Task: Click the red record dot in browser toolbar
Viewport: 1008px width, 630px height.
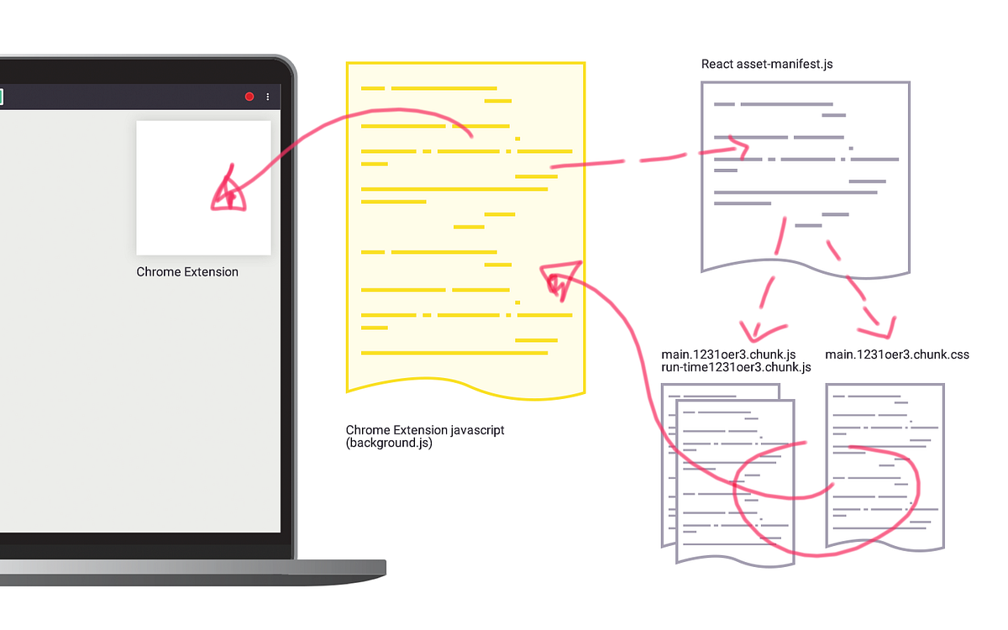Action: (249, 97)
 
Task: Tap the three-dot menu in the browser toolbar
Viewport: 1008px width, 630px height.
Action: (268, 97)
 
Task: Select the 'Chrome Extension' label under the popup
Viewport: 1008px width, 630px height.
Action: (187, 272)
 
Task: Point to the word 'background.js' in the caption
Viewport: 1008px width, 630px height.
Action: (389, 444)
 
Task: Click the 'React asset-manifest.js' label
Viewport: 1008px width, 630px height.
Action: (767, 65)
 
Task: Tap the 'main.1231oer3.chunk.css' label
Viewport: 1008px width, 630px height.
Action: (897, 354)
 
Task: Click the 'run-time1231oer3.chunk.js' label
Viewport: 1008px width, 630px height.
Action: (736, 368)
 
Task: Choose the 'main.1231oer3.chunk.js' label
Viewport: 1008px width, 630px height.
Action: (728, 354)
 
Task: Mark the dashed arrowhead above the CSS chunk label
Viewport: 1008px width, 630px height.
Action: (883, 324)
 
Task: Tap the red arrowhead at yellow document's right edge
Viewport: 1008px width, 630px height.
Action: (559, 278)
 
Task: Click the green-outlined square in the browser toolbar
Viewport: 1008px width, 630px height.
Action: (1, 97)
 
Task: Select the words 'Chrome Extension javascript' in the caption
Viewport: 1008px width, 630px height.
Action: (425, 430)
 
